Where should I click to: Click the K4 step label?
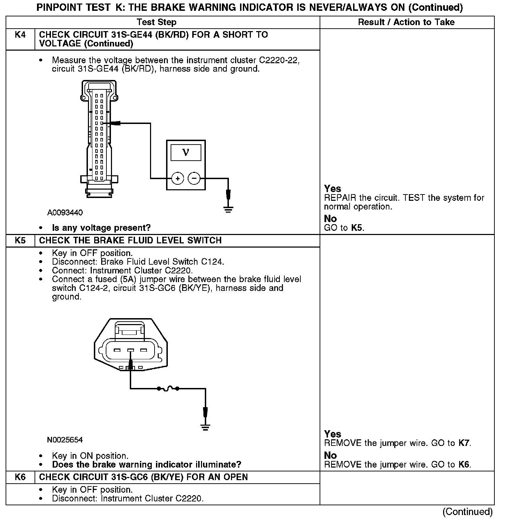(20, 35)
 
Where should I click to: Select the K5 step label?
(20, 240)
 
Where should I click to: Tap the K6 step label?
(20, 477)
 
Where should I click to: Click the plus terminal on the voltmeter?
(178, 178)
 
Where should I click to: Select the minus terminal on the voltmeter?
(194, 178)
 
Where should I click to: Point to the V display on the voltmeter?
(186, 153)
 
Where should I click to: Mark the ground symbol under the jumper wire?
(205, 426)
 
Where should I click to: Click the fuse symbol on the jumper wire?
(168, 388)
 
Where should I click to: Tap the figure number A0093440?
(65, 213)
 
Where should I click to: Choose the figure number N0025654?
(65, 440)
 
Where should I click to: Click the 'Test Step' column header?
(157, 22)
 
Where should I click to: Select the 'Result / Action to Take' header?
(406, 22)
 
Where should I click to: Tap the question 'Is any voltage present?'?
(101, 228)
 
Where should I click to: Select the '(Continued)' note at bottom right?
(468, 512)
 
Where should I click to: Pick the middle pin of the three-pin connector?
(130, 350)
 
